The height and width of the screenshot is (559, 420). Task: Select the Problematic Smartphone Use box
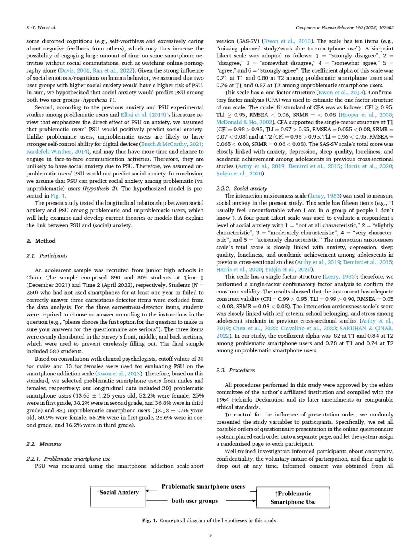tap(293, 498)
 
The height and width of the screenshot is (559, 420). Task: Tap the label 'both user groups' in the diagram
tap(195, 501)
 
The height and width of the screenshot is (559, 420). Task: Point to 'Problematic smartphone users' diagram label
tap(203, 486)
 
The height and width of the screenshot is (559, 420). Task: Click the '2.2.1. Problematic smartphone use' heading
tap(68, 459)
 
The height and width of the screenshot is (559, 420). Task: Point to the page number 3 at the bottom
tap(210, 535)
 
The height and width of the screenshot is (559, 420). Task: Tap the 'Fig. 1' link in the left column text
tap(58, 196)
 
